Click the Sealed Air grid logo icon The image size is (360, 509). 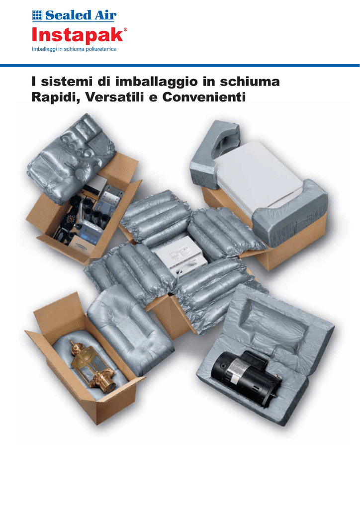[x=37, y=15]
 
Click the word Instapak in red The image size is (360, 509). [x=77, y=35]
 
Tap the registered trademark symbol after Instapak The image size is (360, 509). [x=126, y=29]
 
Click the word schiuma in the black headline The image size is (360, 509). [x=250, y=81]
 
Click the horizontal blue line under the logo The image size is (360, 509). [x=180, y=66]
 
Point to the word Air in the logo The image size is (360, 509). [x=105, y=15]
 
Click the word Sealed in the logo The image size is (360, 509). [x=68, y=15]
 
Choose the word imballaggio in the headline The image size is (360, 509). [x=157, y=82]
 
